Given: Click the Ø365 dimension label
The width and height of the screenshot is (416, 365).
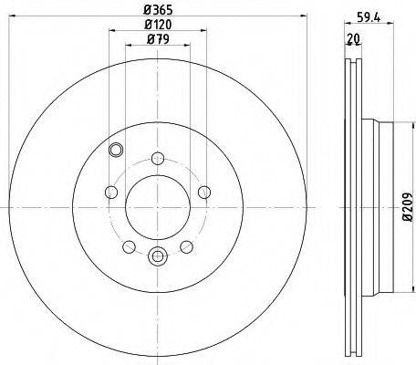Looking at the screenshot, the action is pos(158,10).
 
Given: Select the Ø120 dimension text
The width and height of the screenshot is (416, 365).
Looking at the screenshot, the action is pos(158,25).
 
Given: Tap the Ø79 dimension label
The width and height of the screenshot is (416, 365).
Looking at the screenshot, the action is pos(158,39).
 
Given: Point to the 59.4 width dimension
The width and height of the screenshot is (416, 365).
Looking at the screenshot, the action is pos(369,17).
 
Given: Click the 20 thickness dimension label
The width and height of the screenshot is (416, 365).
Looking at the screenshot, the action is pos(353,38).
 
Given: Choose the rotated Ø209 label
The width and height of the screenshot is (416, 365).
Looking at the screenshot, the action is pos(407,207).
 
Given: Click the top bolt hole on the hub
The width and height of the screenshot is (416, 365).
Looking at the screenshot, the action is pos(158,158).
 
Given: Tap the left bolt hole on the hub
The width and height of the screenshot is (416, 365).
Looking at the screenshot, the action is pos(111,193).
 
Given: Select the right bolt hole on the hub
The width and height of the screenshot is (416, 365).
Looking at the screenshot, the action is pos(204,193).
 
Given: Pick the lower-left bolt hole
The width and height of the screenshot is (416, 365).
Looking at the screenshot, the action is pos(129,246).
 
